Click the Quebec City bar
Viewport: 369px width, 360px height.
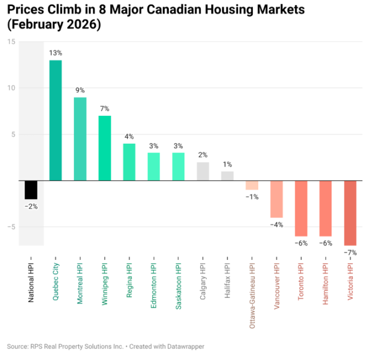click(x=56, y=120)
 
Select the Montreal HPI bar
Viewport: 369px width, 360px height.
click(x=81, y=139)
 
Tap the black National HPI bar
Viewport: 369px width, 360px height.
click(x=31, y=190)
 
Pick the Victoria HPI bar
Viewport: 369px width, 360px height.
click(x=350, y=213)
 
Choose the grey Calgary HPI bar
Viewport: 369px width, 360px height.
click(x=203, y=171)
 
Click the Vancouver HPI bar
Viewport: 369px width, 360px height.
click(x=277, y=199)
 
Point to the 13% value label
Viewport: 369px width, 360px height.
click(x=56, y=53)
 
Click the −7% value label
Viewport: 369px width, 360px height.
click(x=350, y=253)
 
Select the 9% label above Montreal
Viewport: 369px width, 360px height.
click(x=81, y=90)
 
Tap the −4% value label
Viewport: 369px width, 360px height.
click(x=277, y=225)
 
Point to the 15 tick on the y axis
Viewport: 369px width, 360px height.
click(x=11, y=42)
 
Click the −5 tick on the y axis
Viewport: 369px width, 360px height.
click(x=10, y=227)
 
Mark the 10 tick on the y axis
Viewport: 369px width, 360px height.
click(x=11, y=88)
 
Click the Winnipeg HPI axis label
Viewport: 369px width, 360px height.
click(x=105, y=280)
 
